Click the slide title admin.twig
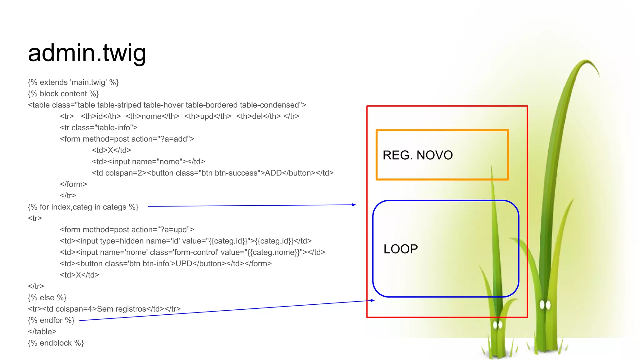[x=87, y=53]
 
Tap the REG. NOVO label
[x=417, y=155]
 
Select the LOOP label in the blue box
[x=401, y=249]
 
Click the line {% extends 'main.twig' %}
[x=73, y=82]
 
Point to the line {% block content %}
[x=63, y=94]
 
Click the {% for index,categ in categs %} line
[x=83, y=207]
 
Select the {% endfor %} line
[x=51, y=320]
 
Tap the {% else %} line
[x=47, y=298]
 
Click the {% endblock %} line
[x=56, y=343]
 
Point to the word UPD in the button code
[x=184, y=264]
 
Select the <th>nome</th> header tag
[x=152, y=117]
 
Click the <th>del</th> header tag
[x=258, y=117]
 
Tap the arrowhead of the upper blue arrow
[x=354, y=205]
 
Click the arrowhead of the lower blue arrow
[x=372, y=300]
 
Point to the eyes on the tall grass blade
[x=545, y=304]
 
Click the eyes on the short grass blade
[x=497, y=325]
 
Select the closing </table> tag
[x=42, y=332]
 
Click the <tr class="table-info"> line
[x=99, y=128]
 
